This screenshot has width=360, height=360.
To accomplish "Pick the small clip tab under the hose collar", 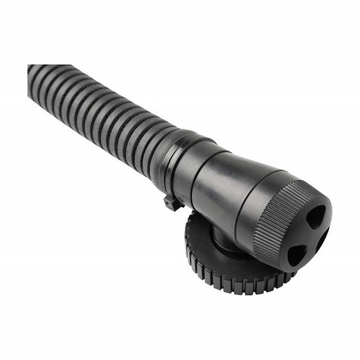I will pyautogui.click(x=172, y=202).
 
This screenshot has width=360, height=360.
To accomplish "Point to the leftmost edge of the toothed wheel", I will pyautogui.click(x=188, y=245).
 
